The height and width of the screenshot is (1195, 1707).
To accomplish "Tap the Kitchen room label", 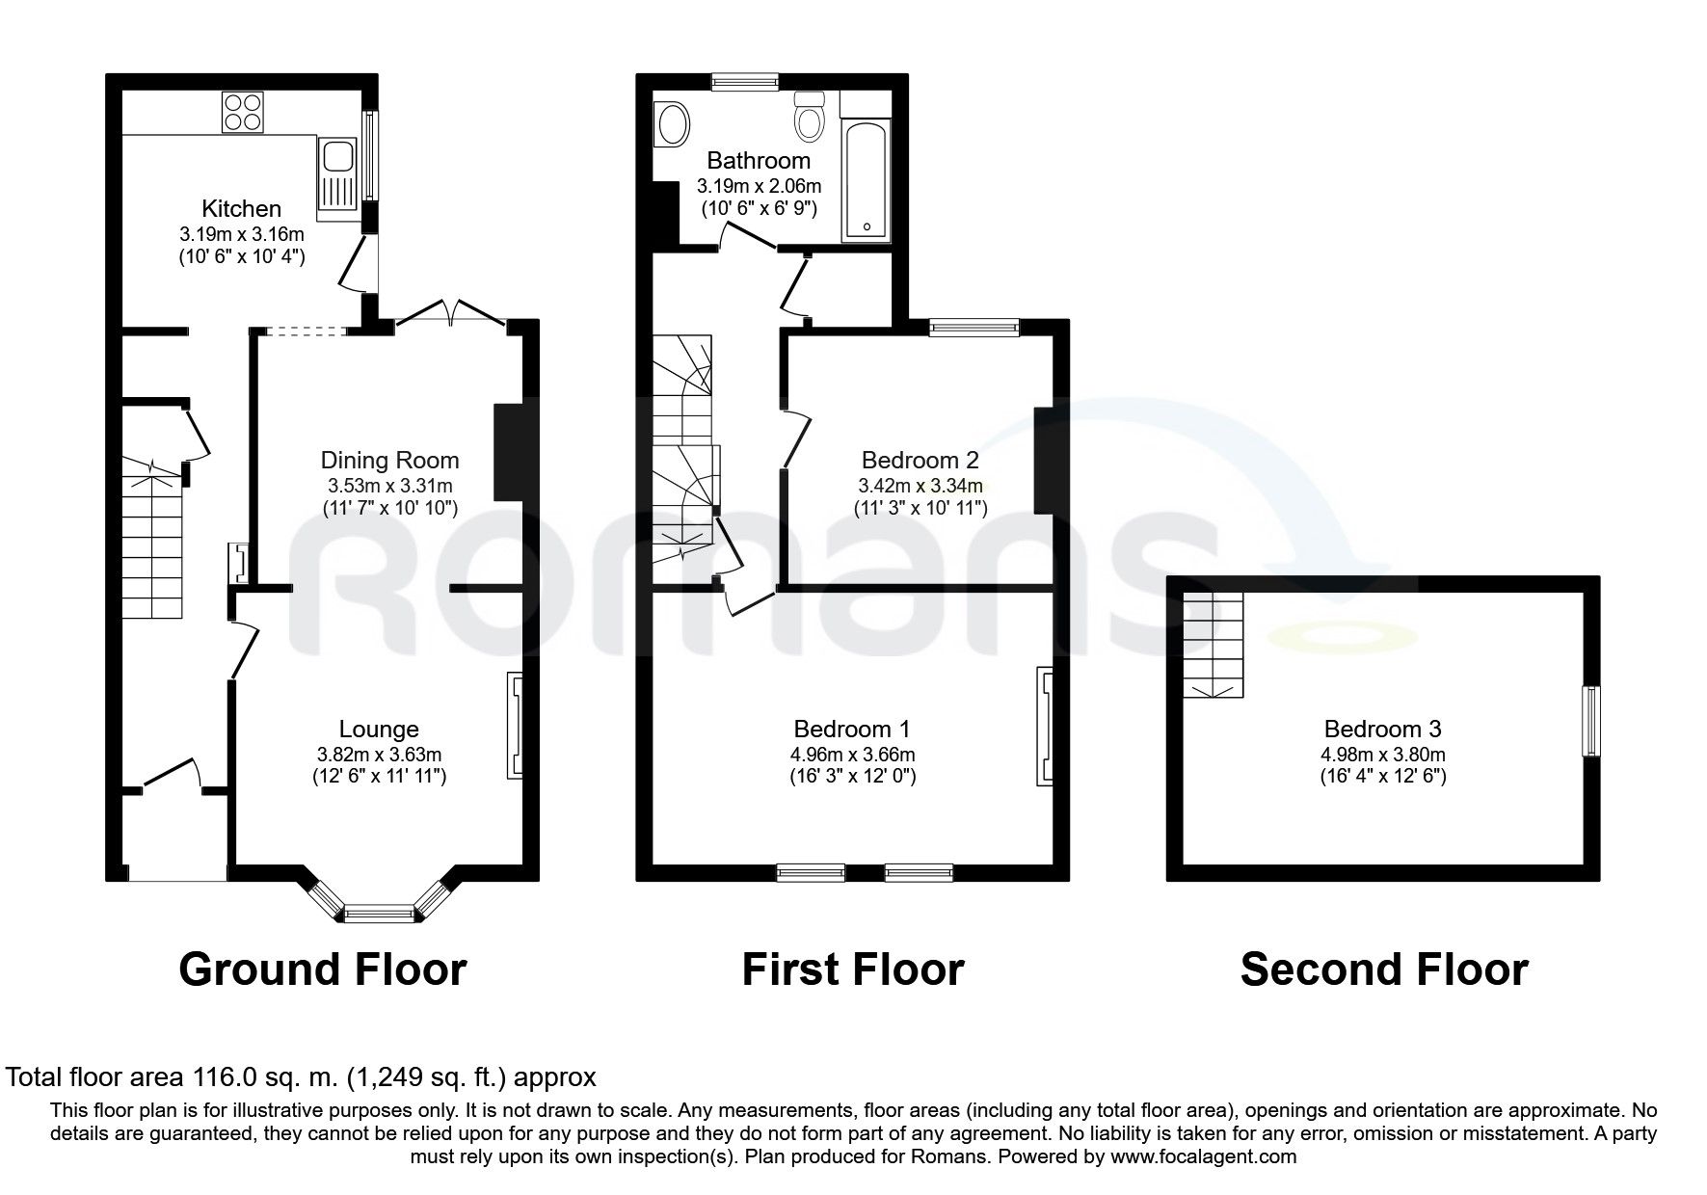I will pos(241,208).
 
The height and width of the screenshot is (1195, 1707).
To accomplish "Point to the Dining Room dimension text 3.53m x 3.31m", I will pos(389,486).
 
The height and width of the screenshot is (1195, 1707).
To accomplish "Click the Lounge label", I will pos(379,730).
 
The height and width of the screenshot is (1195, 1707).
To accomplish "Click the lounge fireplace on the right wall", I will pos(515,726).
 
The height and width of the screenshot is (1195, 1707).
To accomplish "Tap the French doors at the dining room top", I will pos(451,313).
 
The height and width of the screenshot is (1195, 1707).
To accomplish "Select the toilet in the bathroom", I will pos(809,118).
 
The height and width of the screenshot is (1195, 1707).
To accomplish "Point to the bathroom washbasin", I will pos(672,125).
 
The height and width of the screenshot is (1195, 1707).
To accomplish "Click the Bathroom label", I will pos(759,160).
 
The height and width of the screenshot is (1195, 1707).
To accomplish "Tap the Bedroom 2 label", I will pos(920,460).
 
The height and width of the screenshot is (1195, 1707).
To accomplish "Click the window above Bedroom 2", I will pos(974,328).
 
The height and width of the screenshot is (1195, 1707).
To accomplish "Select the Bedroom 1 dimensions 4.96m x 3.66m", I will pos(851,755).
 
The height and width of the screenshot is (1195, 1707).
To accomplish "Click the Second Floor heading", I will pos(1383,969).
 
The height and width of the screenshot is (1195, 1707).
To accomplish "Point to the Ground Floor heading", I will pos(323,969).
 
